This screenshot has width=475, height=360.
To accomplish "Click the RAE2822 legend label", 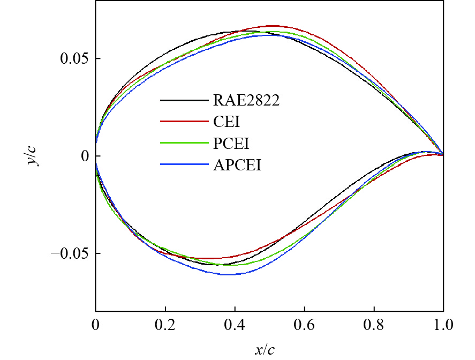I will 246,101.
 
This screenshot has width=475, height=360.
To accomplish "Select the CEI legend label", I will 225,122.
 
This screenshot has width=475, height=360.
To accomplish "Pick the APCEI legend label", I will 237,165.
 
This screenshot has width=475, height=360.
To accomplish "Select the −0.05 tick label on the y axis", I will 70,253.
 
